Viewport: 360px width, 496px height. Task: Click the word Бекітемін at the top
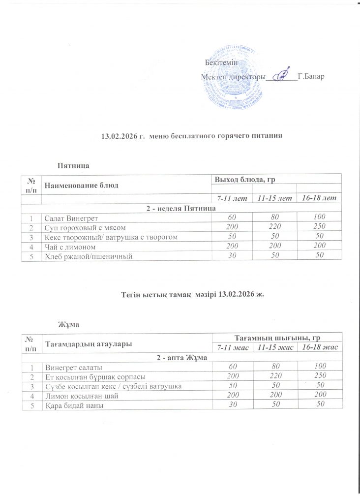[x=220, y=62]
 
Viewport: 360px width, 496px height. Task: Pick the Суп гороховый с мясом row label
[x=78, y=227]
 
